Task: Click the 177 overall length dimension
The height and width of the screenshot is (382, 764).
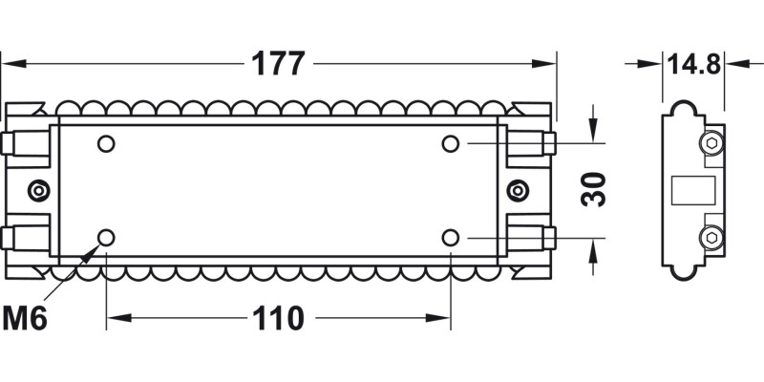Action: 278,64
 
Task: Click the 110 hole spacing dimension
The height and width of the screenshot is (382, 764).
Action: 278,318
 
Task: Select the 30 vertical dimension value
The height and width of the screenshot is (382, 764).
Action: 595,190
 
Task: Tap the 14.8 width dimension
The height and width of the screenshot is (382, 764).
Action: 693,64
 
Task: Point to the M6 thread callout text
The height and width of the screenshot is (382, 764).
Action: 25,318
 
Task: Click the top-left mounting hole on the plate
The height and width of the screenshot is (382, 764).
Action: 106,144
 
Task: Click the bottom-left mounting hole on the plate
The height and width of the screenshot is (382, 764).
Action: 106,237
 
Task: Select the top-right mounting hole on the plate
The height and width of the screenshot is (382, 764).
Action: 450,144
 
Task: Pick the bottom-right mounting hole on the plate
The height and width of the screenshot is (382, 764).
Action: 450,237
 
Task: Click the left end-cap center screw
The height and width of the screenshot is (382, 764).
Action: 38,190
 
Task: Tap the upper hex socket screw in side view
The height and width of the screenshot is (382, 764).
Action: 711,144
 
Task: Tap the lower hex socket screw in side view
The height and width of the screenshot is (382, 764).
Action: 711,236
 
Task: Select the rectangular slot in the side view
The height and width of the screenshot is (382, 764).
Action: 695,190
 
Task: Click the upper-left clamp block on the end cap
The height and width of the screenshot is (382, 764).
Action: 25,144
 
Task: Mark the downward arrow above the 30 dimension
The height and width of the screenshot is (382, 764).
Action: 594,133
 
